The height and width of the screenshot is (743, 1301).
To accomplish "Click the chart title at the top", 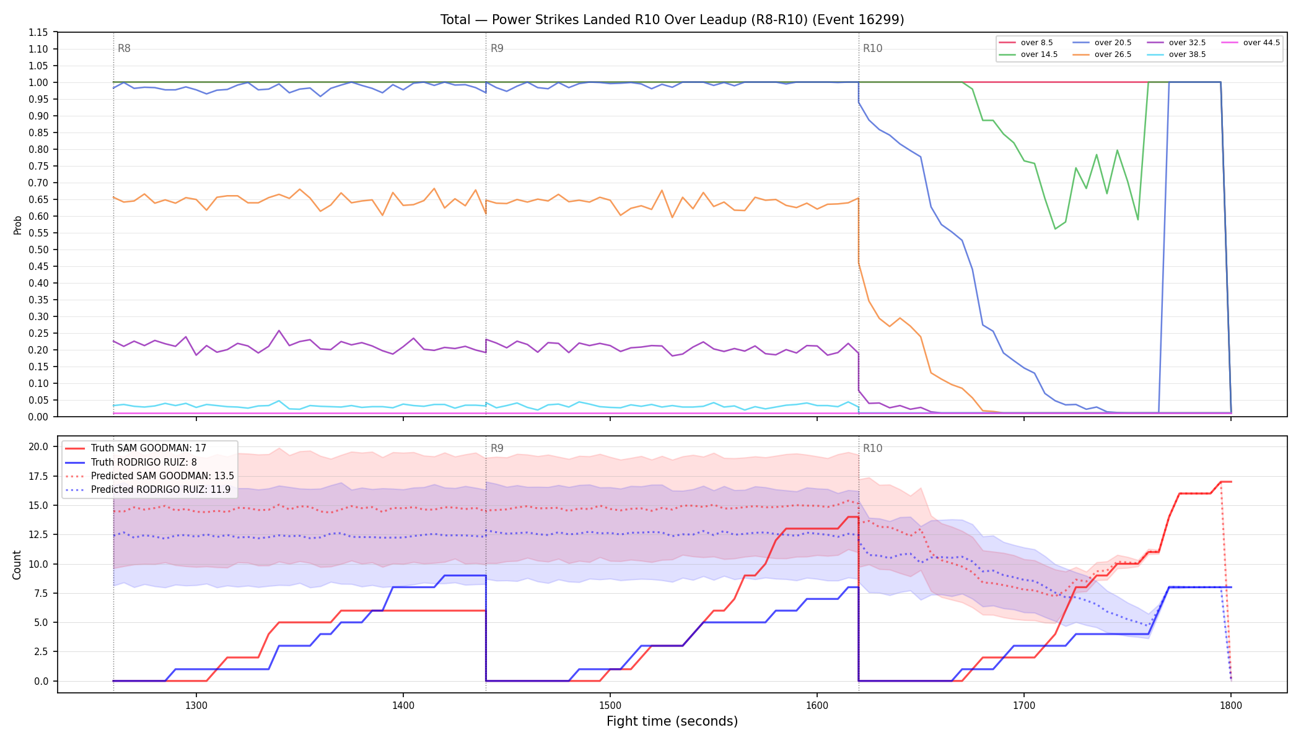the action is (x=672, y=20).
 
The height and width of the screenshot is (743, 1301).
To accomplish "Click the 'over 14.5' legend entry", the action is (x=1028, y=54).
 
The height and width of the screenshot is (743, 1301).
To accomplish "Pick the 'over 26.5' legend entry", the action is (x=1102, y=54).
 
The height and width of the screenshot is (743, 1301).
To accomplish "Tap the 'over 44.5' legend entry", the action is (x=1251, y=43).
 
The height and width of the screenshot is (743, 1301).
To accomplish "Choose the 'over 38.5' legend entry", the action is (x=1176, y=54).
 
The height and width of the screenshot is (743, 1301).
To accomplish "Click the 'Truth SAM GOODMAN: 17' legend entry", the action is (x=136, y=448).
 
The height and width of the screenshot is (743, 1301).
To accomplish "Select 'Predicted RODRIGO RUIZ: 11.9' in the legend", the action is (x=148, y=490).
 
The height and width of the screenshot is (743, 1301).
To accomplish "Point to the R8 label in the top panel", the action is (x=124, y=48).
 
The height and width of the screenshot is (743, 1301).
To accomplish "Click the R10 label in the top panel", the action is (x=872, y=48).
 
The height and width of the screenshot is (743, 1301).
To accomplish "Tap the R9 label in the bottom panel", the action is (x=497, y=448).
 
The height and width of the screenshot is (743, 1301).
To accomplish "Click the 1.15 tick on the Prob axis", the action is (x=38, y=32).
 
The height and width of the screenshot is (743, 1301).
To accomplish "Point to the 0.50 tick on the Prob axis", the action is (x=38, y=250).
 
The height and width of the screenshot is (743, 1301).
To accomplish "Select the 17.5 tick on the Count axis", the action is (x=38, y=476).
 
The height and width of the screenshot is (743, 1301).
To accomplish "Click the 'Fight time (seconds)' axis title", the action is (x=672, y=721).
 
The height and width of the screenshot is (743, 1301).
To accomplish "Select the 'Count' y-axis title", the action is (x=17, y=565).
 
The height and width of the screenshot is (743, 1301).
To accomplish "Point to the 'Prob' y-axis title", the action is (x=17, y=225).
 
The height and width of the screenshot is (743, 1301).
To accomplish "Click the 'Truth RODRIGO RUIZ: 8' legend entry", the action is (x=131, y=462).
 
